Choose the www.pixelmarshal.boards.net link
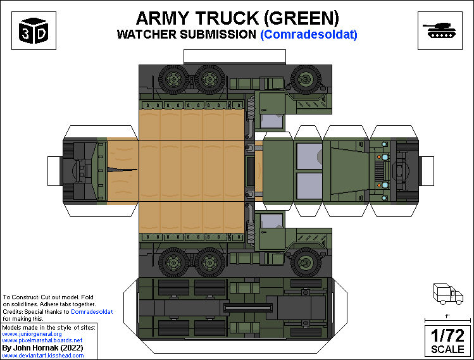[42, 340]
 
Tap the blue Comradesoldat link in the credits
[92, 312]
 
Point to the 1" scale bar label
[447, 315]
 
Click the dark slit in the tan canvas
[123, 168]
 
